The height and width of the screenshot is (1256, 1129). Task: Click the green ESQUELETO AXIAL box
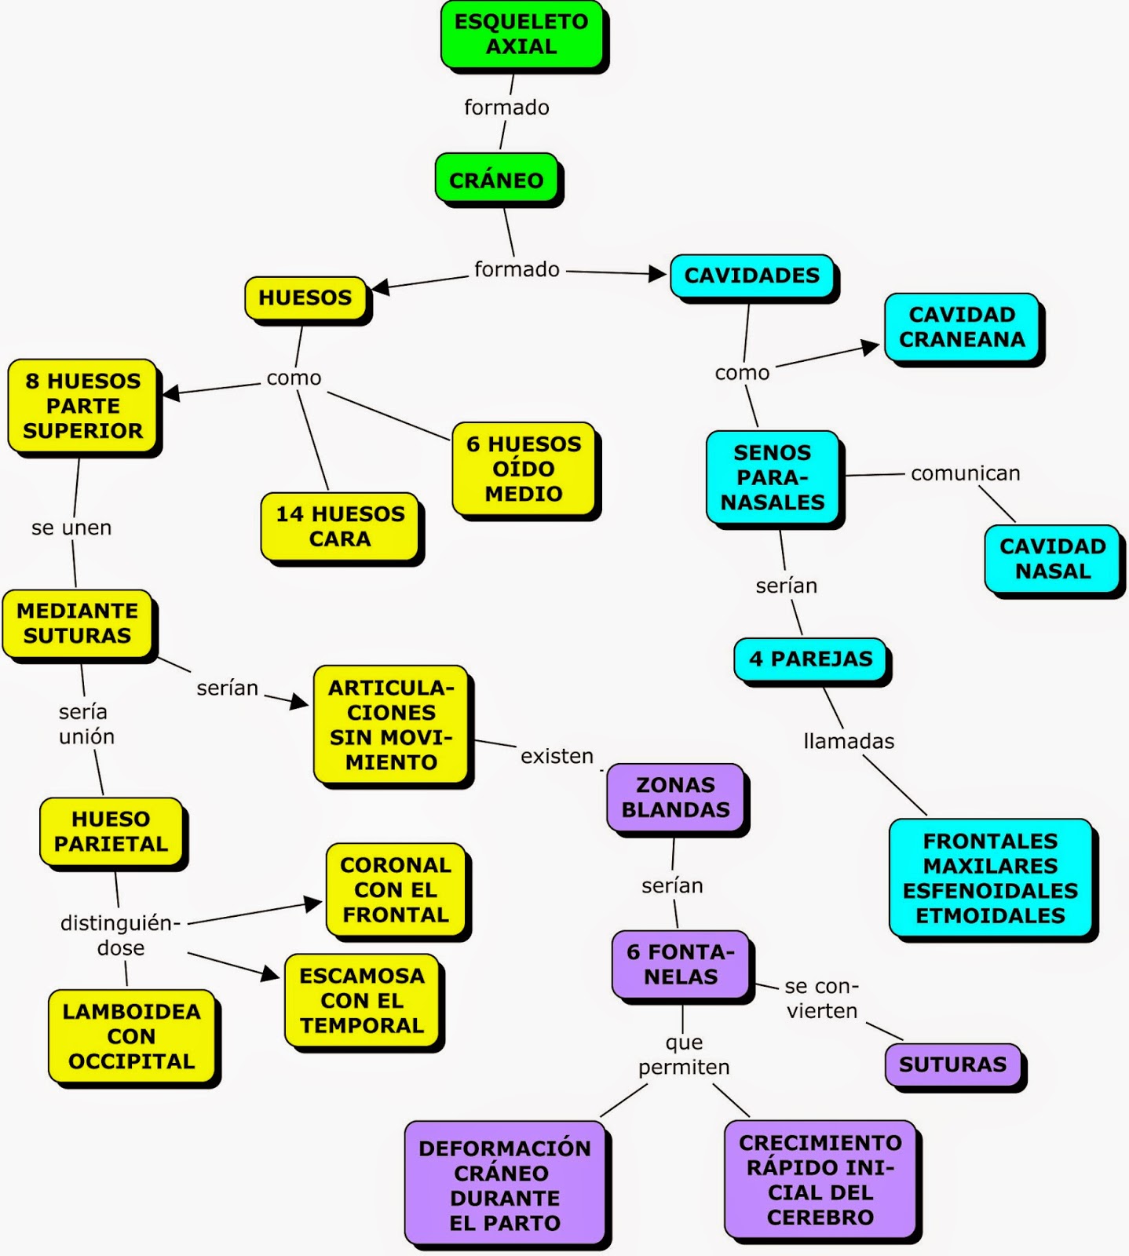click(521, 34)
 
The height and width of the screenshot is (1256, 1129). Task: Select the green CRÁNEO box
click(496, 180)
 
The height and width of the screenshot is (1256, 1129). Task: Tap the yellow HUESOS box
click(305, 298)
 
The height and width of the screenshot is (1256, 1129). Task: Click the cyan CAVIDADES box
click(751, 276)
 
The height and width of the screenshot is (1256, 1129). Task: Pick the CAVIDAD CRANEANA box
click(962, 327)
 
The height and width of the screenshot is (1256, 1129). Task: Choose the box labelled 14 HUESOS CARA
click(340, 526)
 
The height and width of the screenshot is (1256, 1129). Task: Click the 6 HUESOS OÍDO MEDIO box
click(524, 469)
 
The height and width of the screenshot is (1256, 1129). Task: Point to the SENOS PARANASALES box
click(773, 477)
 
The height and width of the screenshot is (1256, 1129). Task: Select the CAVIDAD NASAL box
click(1052, 558)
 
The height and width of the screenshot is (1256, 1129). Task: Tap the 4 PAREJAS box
click(810, 659)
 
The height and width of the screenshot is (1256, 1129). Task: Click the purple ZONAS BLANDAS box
click(675, 797)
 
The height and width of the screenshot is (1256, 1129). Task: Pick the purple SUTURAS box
click(952, 1064)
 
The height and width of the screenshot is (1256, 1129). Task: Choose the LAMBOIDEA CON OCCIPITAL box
click(131, 1036)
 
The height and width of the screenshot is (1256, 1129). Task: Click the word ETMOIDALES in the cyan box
click(990, 916)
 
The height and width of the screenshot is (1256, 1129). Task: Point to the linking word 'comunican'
click(965, 473)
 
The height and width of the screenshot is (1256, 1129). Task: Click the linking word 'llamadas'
click(849, 741)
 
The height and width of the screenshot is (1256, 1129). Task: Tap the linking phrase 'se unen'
click(71, 528)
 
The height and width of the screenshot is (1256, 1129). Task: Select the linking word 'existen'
click(557, 756)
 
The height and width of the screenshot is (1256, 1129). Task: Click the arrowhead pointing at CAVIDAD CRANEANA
click(870, 347)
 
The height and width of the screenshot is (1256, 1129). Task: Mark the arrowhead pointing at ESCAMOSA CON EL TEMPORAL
click(271, 974)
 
